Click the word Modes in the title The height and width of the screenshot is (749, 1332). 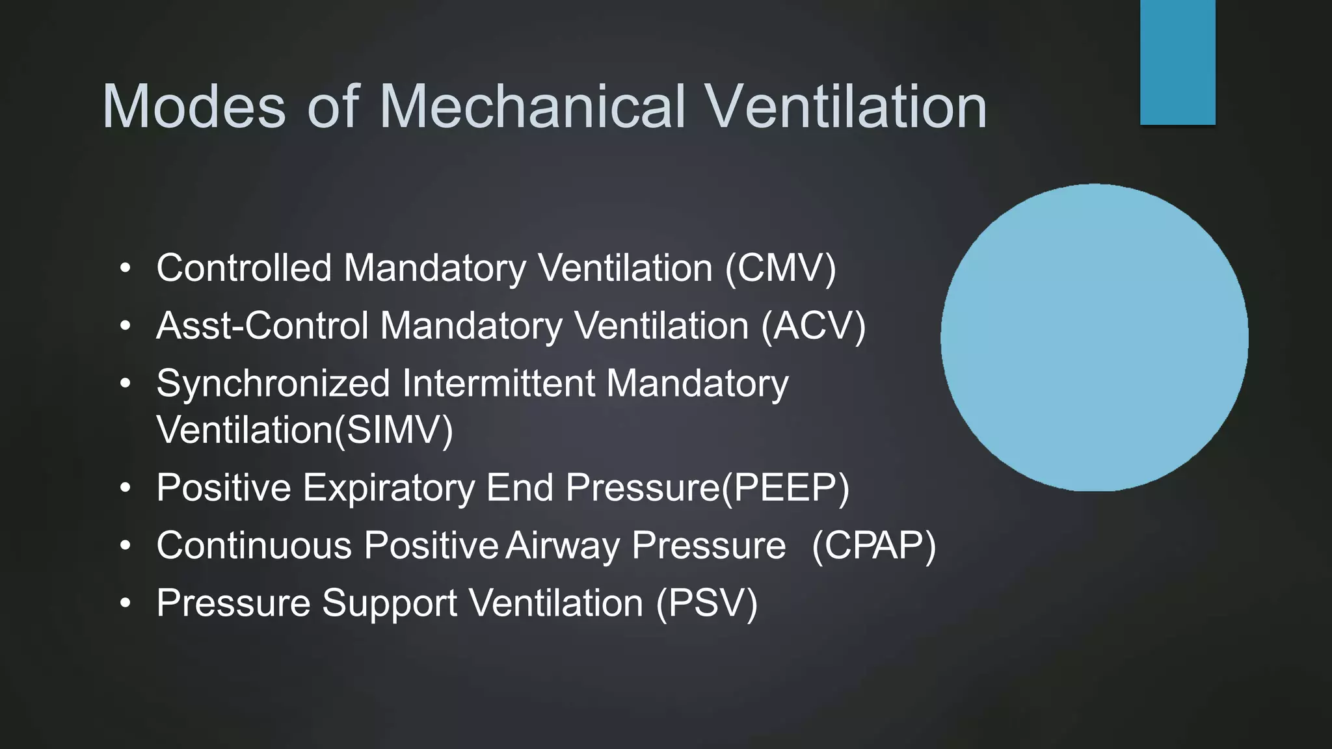coord(194,107)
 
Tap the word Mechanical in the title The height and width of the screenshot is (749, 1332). coord(532,107)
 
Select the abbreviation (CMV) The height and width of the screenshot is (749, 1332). coord(780,268)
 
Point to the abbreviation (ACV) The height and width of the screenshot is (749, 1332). coord(814,326)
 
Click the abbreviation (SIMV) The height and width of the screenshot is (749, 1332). coord(393,430)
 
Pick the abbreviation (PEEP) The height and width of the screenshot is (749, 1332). coord(785,488)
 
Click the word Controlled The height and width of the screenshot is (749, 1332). coord(244,268)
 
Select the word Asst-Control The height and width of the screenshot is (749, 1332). coord(263,326)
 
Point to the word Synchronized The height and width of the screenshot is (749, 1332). coord(273,384)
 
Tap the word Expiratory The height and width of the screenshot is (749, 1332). coord(389,488)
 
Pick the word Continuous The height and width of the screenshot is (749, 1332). coord(254,545)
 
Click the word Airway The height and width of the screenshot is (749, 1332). coord(563,545)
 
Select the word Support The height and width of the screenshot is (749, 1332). coord(390,603)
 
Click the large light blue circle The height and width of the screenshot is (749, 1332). coord(1094,337)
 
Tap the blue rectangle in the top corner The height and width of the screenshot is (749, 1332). coord(1177,62)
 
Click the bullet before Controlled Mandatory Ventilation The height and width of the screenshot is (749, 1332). coord(126,268)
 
